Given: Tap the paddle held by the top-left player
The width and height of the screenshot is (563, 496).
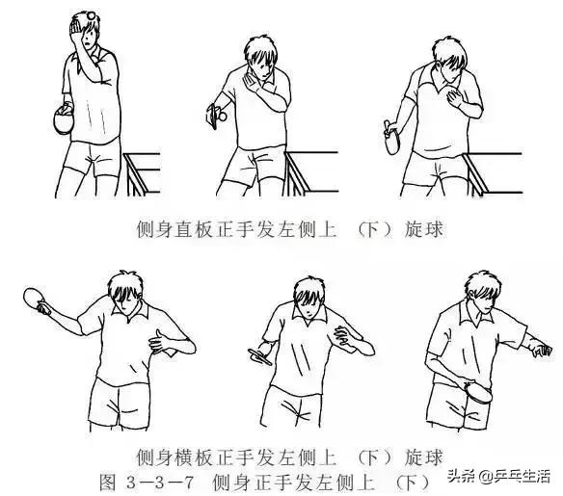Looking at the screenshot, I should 63,120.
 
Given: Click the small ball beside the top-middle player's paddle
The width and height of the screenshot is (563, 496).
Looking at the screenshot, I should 221,116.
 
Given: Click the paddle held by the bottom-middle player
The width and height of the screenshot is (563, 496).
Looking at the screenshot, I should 260,353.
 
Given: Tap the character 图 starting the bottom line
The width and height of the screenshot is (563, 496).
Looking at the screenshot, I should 108,480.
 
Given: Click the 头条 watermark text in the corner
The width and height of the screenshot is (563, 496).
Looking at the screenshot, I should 449,476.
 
